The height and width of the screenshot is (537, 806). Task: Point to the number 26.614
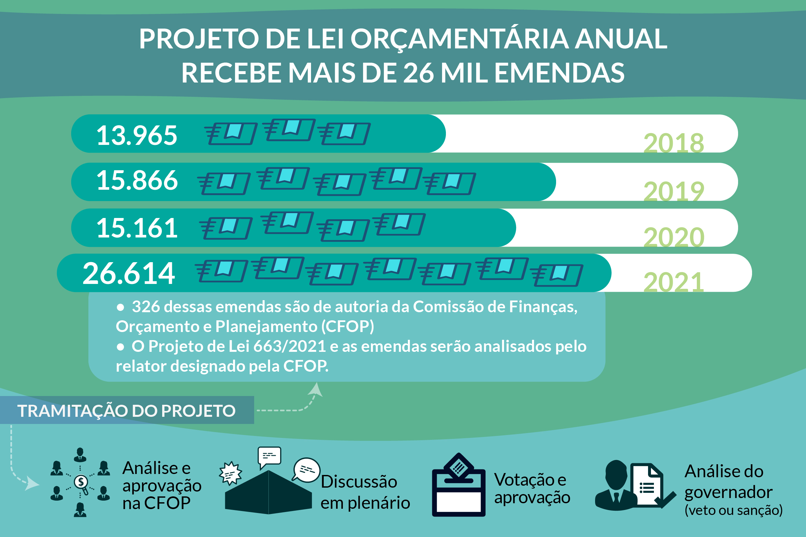click(x=129, y=273)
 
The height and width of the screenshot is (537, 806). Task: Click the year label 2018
click(x=673, y=143)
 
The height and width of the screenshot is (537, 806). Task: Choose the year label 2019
click(x=673, y=191)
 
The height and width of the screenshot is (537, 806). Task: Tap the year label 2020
click(x=673, y=237)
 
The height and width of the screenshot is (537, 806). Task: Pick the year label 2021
click(x=673, y=282)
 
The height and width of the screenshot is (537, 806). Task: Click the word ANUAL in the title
click(x=621, y=39)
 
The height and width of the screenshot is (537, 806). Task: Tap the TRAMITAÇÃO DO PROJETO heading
click(x=126, y=411)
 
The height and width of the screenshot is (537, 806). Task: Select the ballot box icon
click(x=458, y=487)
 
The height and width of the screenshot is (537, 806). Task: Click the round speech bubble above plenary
click(x=306, y=470)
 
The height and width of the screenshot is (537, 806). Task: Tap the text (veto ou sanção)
click(x=734, y=510)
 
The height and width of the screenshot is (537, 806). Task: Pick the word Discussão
click(x=359, y=482)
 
